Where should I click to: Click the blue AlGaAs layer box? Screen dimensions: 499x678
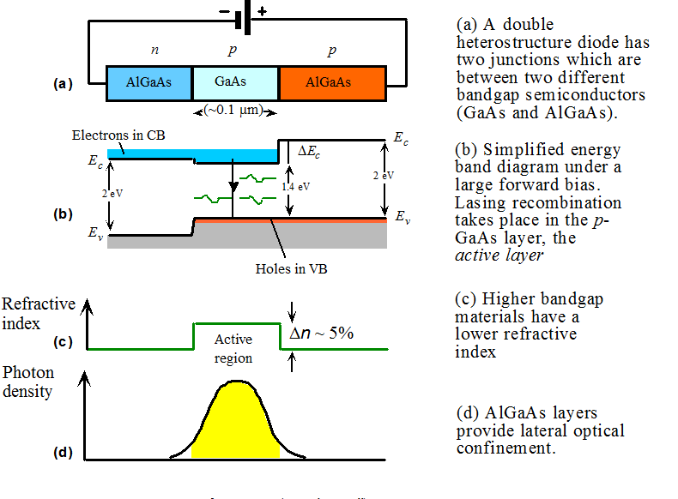pos(148,83)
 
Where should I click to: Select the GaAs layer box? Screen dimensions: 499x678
pos(236,83)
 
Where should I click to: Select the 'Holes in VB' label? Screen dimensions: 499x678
pos(292,268)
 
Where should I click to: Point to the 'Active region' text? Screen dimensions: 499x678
pos(233,349)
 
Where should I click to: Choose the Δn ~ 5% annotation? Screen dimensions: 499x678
pos(322,334)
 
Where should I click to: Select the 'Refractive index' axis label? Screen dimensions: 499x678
pos(39,314)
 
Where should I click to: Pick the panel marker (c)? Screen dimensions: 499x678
pos(62,342)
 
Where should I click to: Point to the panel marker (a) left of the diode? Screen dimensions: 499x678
pos(62,84)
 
